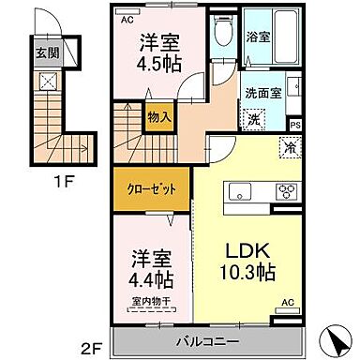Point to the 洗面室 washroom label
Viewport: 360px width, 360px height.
[x=261, y=94]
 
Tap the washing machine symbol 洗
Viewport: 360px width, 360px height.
[x=254, y=118]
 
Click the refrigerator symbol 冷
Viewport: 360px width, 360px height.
[x=290, y=146]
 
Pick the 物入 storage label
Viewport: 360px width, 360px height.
[x=157, y=118]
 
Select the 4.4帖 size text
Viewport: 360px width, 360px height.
[x=151, y=279]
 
